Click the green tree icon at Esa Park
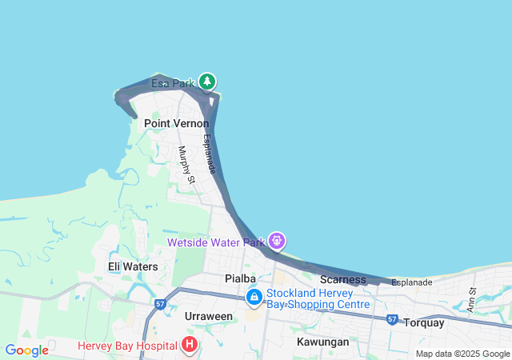point(207,82)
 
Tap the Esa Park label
point(173,82)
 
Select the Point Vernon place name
point(176,124)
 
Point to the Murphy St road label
point(186,165)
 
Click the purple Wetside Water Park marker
point(278,239)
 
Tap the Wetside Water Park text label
point(215,242)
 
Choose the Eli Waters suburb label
point(133,266)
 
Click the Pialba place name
point(240,278)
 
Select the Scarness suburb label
point(342,279)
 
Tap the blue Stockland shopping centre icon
point(254,298)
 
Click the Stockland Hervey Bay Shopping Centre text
point(318,298)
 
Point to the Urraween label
point(208,316)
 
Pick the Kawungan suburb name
point(322,342)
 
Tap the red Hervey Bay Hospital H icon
point(190,346)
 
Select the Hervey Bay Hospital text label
point(127,346)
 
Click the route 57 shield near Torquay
point(392,319)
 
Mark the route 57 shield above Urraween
point(160,305)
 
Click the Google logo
point(26,350)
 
